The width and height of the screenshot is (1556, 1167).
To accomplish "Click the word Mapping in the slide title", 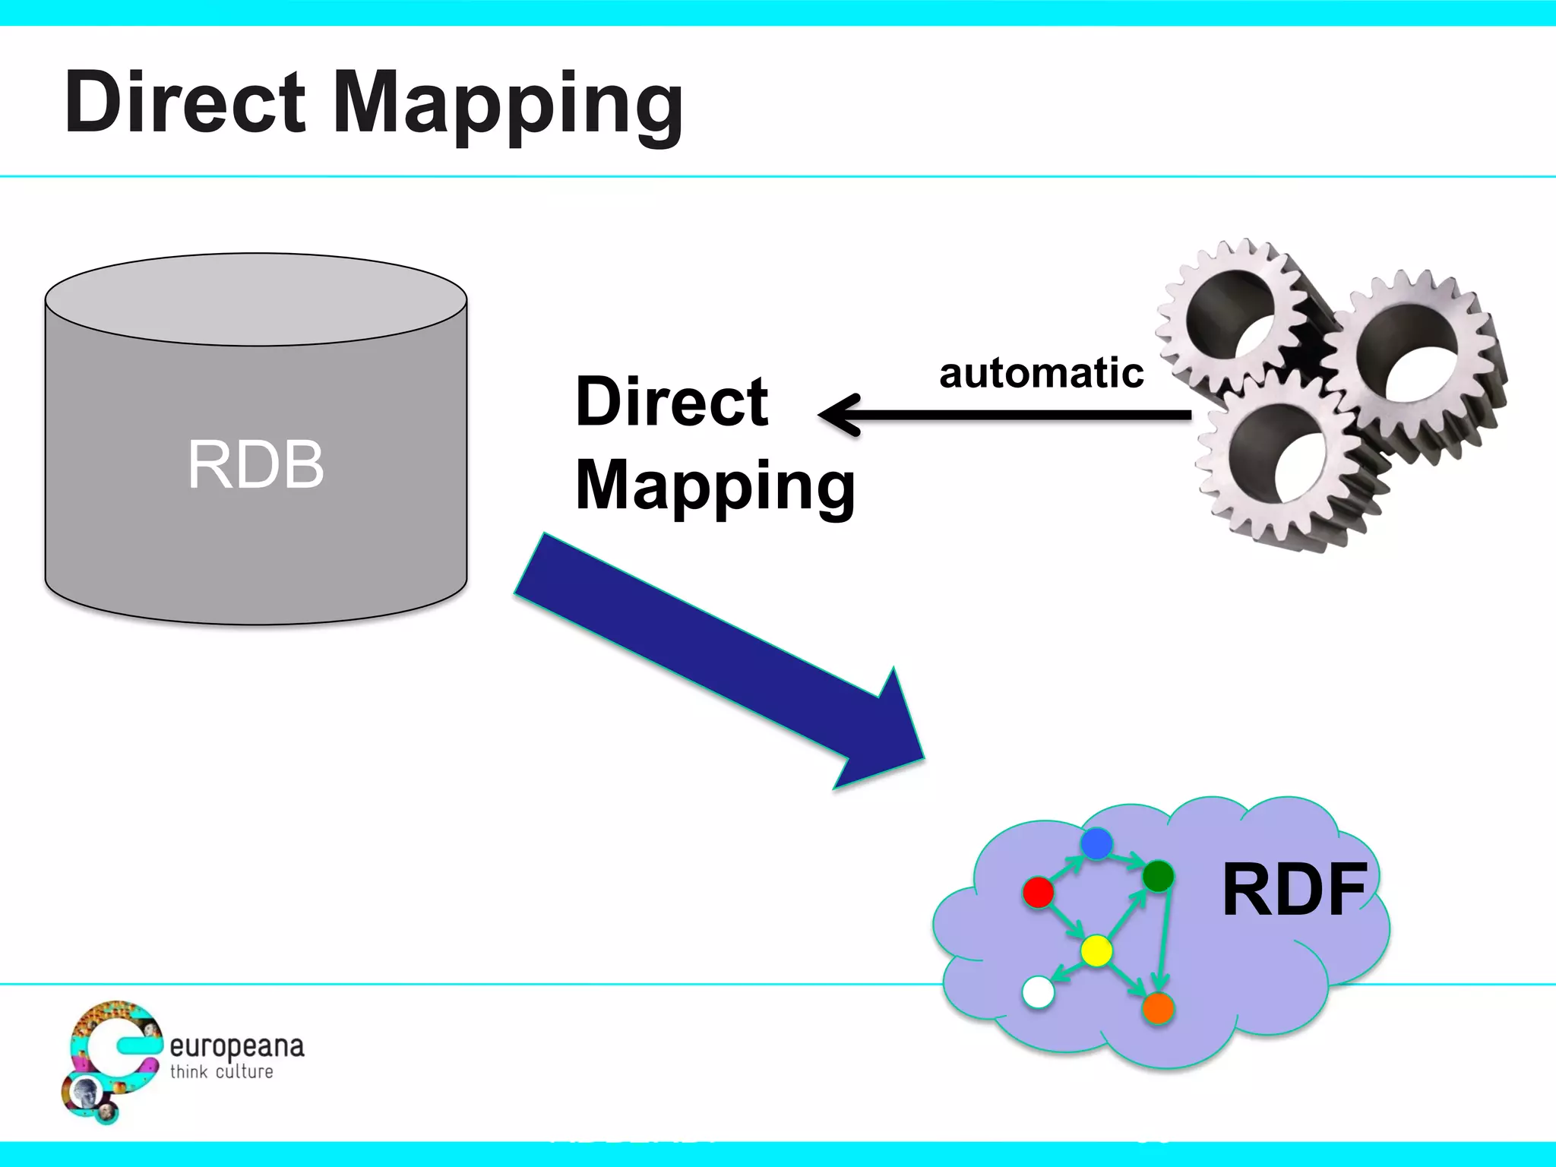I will (508, 104).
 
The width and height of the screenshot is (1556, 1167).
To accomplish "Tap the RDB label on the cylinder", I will (256, 464).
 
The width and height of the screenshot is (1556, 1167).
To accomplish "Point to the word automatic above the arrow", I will (1041, 373).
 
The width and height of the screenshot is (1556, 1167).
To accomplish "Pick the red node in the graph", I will (1038, 892).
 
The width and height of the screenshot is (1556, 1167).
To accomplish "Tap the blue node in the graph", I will (1096, 843).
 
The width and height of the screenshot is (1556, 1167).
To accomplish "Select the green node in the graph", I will (1158, 876).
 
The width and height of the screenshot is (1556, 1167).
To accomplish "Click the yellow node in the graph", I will (1096, 950).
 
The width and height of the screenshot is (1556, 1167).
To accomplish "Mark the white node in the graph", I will (1038, 991).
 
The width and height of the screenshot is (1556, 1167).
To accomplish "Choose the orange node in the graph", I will (1158, 1008).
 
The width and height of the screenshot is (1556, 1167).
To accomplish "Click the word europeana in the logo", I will (236, 1047).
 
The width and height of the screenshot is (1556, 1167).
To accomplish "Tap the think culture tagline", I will (221, 1072).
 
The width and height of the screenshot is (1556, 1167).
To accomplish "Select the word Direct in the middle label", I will (672, 401).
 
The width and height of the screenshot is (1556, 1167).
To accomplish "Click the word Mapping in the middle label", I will (715, 486).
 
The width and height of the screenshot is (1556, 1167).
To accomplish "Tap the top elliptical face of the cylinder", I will (256, 299).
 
